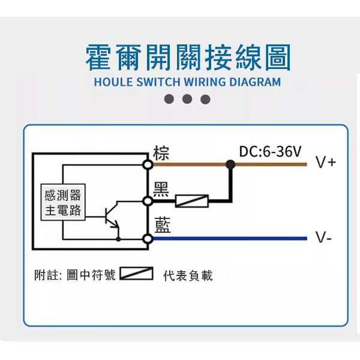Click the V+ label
(326, 163)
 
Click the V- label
(324, 238)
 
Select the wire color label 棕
(161, 152)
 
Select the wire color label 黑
(161, 189)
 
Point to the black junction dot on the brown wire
(230, 163)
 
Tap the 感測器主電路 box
(62, 202)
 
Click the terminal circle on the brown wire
(147, 163)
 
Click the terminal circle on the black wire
(147, 201)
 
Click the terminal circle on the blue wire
(147, 239)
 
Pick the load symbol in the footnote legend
(137, 274)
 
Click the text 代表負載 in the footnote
(188, 275)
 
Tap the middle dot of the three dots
(187, 99)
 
